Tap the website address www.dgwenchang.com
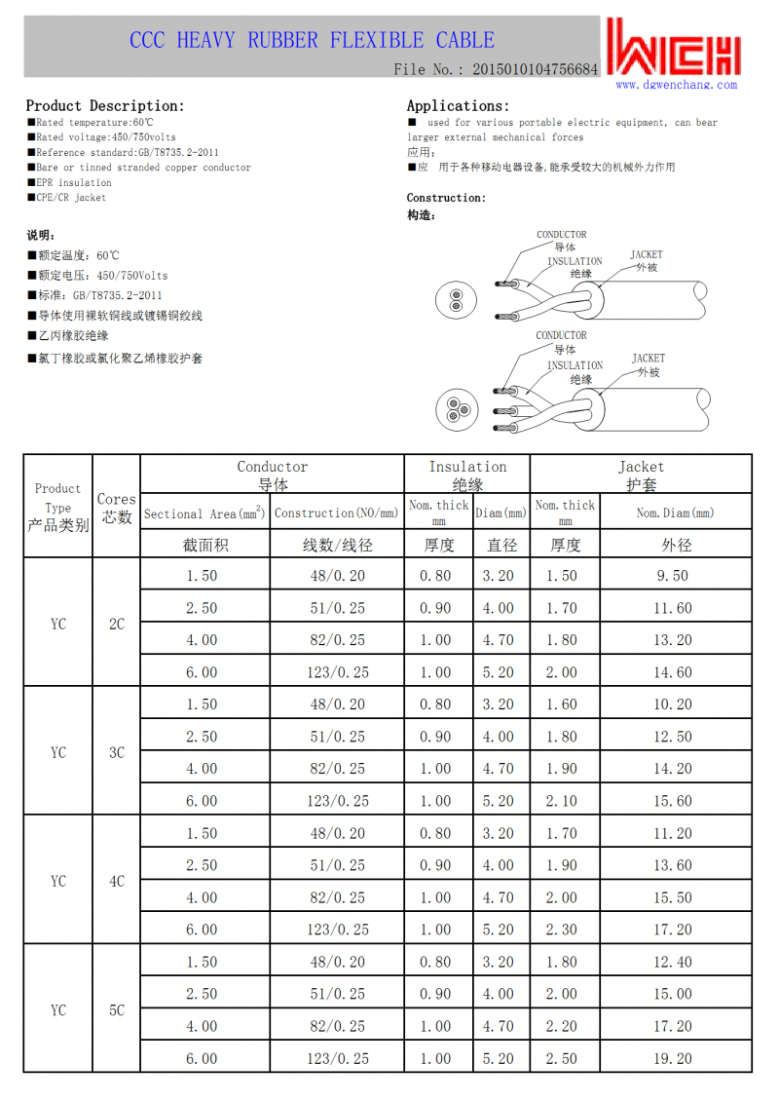click(676, 85)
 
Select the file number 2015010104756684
click(535, 69)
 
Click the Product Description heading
click(104, 105)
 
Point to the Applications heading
click(458, 105)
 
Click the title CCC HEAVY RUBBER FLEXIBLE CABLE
click(312, 40)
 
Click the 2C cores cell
click(117, 624)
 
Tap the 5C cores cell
click(117, 1010)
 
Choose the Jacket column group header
click(641, 475)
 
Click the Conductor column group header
click(272, 475)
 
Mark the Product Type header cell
click(58, 507)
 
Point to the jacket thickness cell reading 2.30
click(562, 930)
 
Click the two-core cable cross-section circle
click(454, 302)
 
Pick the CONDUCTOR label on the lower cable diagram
click(561, 335)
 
